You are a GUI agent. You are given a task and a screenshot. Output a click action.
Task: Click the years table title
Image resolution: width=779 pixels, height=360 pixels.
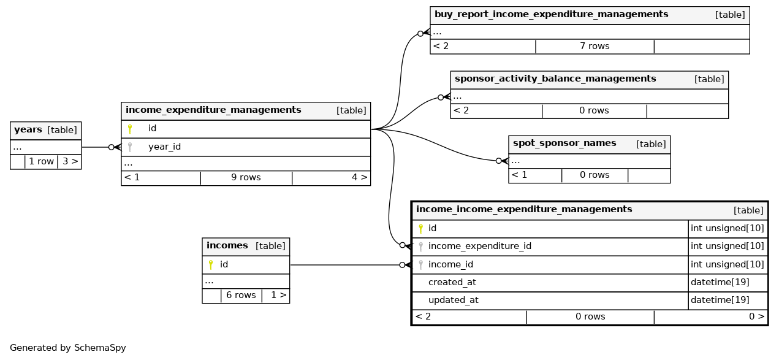[x=28, y=130]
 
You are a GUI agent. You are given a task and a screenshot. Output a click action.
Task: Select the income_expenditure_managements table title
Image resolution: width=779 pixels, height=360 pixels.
[x=213, y=110]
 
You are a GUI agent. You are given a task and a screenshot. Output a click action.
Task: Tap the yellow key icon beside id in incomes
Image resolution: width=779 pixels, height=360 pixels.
[x=211, y=265]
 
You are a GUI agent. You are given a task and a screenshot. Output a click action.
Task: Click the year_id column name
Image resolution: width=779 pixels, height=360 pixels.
[x=164, y=147]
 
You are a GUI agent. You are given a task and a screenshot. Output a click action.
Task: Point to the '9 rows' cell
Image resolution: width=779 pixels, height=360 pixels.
[x=246, y=178]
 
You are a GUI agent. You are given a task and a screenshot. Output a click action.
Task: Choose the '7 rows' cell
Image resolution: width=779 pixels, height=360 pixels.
[x=595, y=46]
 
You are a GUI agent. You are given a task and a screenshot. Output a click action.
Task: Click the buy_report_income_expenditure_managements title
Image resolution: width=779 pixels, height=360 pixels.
[x=551, y=15]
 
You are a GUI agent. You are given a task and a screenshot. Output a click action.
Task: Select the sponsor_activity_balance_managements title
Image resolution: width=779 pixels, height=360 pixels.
[x=555, y=79]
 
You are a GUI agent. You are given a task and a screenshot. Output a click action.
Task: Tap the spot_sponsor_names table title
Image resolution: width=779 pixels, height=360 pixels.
[x=564, y=144]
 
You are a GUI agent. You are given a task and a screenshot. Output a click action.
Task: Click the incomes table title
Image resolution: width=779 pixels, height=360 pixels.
[x=227, y=246]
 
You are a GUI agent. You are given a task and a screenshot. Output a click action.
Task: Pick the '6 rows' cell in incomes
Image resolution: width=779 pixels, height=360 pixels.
[x=241, y=296]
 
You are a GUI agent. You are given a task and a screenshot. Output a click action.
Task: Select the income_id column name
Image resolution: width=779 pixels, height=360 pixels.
[x=450, y=265]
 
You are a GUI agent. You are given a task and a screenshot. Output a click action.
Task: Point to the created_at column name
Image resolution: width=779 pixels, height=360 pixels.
[x=452, y=283]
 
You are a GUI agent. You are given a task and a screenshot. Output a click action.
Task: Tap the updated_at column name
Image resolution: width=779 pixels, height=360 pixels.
[x=453, y=301]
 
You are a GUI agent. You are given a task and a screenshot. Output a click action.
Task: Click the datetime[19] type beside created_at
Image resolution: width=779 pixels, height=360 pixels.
[x=720, y=283]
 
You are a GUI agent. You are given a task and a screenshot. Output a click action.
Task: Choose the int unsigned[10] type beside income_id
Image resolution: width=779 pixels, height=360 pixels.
[x=727, y=265]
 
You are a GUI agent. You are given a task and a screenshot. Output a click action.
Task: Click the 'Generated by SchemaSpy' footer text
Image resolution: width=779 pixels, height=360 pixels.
[x=68, y=348]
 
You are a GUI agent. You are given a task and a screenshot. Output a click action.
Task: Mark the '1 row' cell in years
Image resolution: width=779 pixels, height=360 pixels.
[x=42, y=162]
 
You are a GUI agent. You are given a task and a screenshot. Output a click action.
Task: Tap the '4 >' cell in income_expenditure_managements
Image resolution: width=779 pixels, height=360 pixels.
[x=359, y=178]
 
